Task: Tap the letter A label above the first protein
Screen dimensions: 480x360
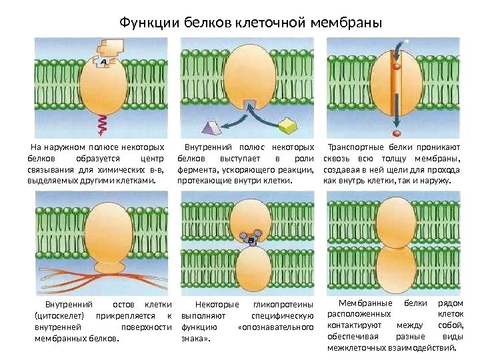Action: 103,62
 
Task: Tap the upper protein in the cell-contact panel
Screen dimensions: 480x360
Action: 395,223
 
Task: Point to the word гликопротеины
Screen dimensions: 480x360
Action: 284,304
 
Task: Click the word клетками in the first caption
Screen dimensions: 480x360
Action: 135,181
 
